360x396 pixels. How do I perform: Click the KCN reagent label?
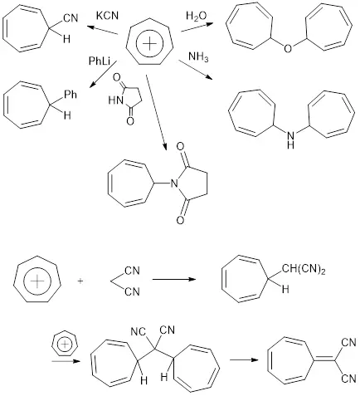point(107,16)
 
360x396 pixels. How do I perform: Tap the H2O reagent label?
point(197,16)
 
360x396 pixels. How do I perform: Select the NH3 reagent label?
point(198,57)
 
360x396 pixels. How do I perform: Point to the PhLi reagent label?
point(100,61)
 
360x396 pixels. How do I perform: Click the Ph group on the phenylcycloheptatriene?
point(71,95)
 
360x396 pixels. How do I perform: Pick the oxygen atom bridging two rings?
point(288,48)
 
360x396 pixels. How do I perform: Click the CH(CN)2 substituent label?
point(304,270)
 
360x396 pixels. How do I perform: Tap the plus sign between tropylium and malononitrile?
point(80,281)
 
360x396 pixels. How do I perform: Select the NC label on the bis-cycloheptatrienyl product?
point(138,332)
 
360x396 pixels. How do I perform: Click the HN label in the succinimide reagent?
point(115,100)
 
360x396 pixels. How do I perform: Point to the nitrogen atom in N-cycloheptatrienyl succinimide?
point(173,183)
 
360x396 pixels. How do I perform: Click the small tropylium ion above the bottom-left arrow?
point(66,345)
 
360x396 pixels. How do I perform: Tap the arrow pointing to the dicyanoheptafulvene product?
point(244,359)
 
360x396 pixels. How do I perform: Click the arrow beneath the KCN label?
point(103,30)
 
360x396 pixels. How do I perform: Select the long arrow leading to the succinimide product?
point(157,113)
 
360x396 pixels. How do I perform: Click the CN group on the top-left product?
point(71,18)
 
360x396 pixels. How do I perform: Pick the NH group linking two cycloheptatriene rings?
point(290,140)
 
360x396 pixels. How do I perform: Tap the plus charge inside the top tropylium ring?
point(149,43)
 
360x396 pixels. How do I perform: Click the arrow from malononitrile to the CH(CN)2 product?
point(174,279)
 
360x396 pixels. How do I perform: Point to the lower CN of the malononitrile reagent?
point(132,291)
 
